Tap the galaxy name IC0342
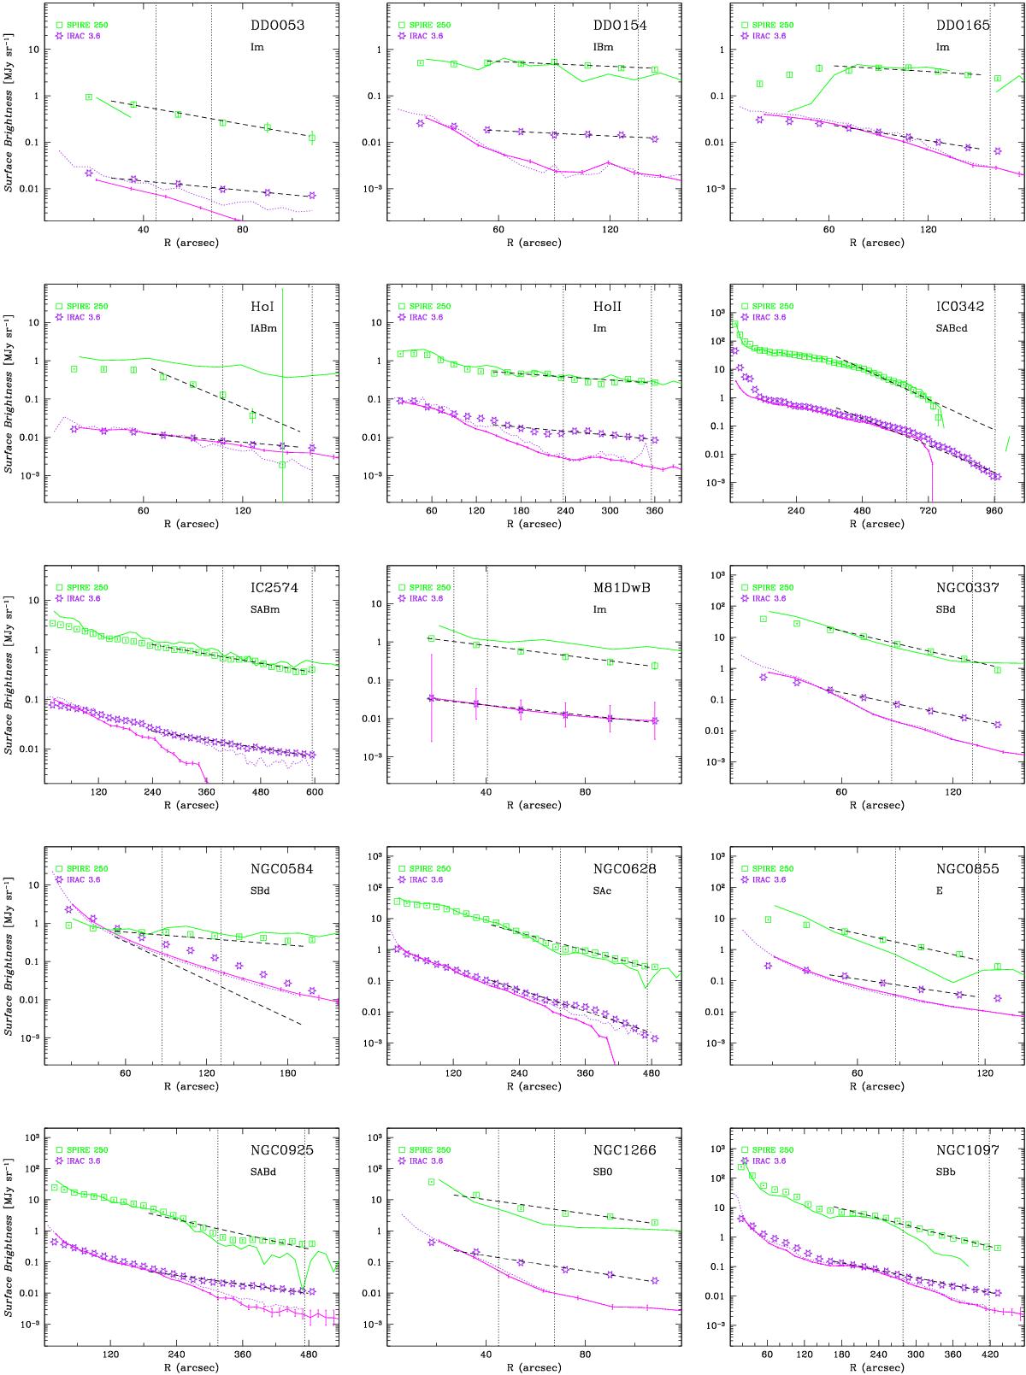[964, 307]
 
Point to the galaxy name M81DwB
[620, 588]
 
